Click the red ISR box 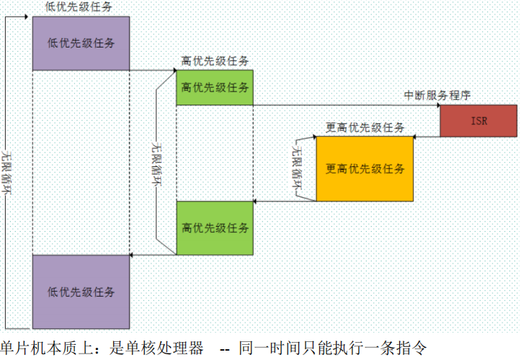[478, 120]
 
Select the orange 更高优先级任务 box [365, 168]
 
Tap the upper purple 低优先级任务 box [81, 43]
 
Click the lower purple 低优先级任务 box [81, 291]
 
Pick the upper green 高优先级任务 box [215, 88]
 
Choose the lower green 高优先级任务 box [215, 228]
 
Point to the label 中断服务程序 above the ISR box [437, 95]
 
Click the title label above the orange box [365, 127]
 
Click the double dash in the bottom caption [224, 348]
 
